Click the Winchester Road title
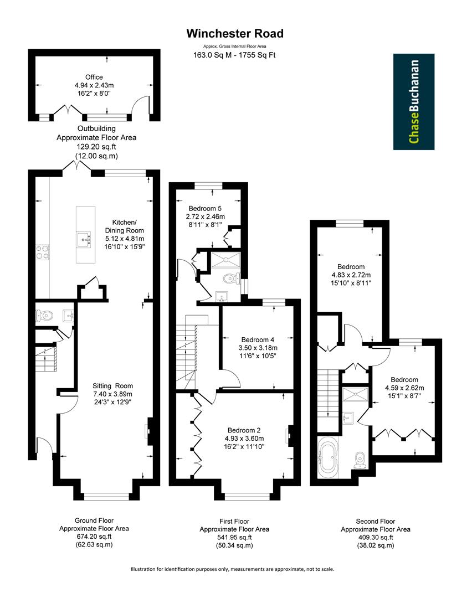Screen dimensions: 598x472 235,34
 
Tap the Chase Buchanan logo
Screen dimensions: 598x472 413,101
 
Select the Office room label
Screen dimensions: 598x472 94,77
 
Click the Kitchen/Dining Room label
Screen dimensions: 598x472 125,226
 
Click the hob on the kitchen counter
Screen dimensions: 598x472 42,252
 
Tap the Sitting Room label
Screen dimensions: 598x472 113,386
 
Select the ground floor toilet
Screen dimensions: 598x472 44,316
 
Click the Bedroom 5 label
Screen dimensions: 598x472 205,209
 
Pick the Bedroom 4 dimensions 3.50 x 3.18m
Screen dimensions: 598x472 258,348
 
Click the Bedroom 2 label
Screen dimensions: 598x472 244,430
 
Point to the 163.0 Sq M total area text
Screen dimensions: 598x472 235,55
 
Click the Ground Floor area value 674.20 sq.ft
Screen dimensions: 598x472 94,537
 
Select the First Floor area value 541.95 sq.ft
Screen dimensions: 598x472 234,537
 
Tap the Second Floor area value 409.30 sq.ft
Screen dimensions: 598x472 375,537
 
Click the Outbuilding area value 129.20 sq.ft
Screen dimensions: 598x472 95,147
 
